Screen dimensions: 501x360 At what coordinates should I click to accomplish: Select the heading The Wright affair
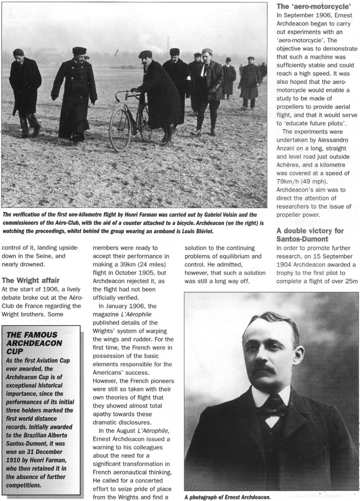click(x=31, y=281)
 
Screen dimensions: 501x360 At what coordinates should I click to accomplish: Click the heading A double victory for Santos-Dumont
click(x=310, y=236)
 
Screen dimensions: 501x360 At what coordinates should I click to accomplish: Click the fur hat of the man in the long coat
click(x=79, y=50)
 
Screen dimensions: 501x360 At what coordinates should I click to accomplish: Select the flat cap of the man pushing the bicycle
click(x=145, y=54)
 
